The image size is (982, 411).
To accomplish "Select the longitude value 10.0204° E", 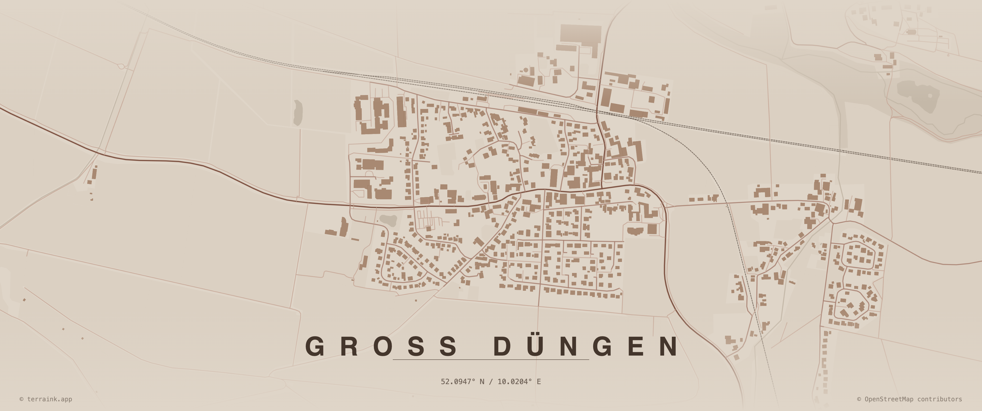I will (x=519, y=382).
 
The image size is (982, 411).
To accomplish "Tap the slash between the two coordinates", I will (x=491, y=382).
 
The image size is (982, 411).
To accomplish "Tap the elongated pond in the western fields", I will (x=298, y=113).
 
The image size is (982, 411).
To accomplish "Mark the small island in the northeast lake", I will (x=930, y=95).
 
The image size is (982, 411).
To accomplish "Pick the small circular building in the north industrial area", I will (x=526, y=70).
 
